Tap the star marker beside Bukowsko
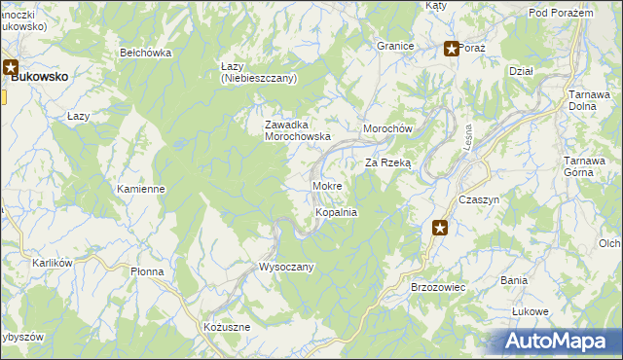(x=11, y=69)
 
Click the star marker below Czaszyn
(x=441, y=229)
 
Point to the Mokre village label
(x=326, y=185)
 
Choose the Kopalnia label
(x=336, y=212)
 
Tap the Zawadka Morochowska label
(x=299, y=130)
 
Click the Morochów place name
(x=388, y=129)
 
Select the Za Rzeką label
(x=388, y=163)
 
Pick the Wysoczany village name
(x=285, y=267)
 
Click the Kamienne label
(x=140, y=189)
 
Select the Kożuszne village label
(x=227, y=328)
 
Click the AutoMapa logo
(x=559, y=342)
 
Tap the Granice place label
(x=396, y=46)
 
